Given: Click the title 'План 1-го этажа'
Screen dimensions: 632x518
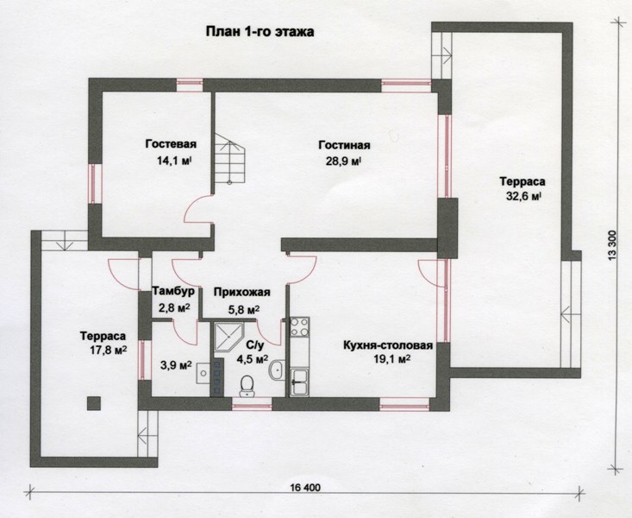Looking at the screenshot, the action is click(260, 32).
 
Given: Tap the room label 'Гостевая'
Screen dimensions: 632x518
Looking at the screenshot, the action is click(171, 144).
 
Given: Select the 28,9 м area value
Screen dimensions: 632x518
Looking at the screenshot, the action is click(343, 161).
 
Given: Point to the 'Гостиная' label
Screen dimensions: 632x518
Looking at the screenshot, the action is click(344, 145).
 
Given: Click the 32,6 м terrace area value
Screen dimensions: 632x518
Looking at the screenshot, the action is click(523, 197).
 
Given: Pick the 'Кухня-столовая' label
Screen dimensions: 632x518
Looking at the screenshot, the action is click(388, 345).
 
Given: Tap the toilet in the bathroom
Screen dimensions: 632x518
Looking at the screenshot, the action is click(247, 386).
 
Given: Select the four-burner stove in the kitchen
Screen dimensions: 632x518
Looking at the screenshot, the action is click(300, 327).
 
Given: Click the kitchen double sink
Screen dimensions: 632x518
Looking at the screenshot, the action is click(300, 382).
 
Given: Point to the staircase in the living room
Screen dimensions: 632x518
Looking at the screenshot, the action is click(229, 159).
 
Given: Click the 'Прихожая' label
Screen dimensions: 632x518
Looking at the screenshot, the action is click(241, 292).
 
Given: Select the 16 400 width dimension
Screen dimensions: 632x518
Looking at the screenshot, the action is click(305, 488).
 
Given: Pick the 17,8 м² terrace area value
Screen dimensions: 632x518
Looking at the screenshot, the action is click(109, 350).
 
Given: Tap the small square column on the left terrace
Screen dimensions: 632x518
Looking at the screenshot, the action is click(93, 403).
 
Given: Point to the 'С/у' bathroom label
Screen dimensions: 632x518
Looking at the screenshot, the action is click(254, 345).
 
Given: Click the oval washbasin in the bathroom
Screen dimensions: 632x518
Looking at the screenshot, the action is click(277, 370).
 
